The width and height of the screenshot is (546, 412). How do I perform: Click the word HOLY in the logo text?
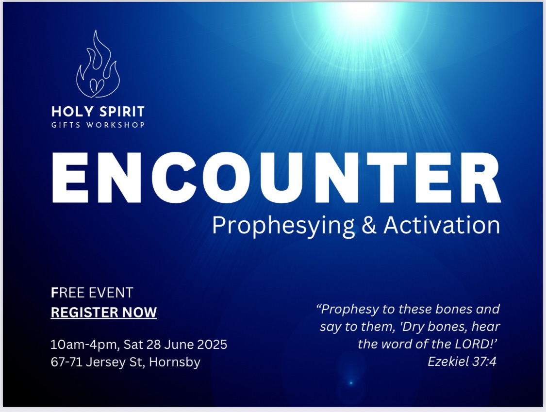[72, 112]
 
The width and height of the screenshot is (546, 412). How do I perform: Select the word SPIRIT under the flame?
[122, 112]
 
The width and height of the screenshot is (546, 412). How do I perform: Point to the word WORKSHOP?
[116, 125]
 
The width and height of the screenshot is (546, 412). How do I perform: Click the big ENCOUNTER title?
[277, 178]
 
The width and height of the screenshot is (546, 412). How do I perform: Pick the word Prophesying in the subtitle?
[283, 226]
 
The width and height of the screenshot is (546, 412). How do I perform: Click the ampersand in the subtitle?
[369, 225]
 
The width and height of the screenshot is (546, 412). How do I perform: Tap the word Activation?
[442, 225]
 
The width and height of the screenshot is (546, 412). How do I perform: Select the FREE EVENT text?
[92, 293]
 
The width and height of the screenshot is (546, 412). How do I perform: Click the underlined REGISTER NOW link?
[104, 313]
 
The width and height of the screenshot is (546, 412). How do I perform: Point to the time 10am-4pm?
[85, 345]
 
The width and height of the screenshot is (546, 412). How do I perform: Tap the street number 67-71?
[66, 362]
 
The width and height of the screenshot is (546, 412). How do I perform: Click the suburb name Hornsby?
[175, 363]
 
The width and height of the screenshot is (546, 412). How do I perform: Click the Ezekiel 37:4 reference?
[462, 362]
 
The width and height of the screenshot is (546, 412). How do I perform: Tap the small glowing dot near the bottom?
[351, 383]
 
